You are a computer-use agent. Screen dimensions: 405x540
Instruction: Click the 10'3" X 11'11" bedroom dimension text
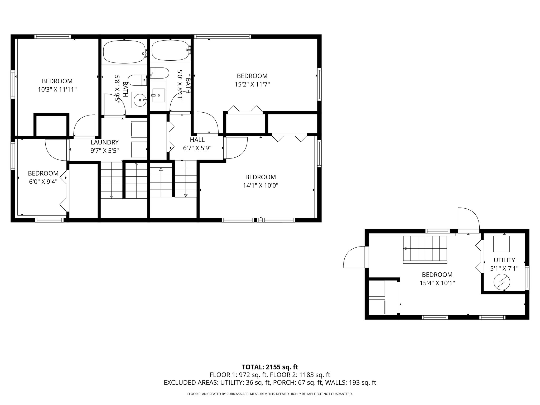pyautogui.click(x=57, y=90)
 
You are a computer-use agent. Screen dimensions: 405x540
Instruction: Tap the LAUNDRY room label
pyautogui.click(x=105, y=142)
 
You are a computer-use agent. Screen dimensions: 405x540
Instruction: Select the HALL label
pyautogui.click(x=197, y=140)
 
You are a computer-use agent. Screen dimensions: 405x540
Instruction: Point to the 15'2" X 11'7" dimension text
pyautogui.click(x=252, y=84)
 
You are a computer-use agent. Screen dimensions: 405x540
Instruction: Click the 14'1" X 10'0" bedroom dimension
pyautogui.click(x=261, y=186)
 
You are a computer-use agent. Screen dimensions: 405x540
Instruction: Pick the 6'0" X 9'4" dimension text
pyautogui.click(x=43, y=182)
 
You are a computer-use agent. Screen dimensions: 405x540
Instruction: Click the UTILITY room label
pyautogui.click(x=504, y=260)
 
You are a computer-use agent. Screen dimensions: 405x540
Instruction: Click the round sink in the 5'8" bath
pyautogui.click(x=139, y=100)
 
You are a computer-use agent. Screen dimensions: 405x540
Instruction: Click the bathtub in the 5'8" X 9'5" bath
pyautogui.click(x=124, y=51)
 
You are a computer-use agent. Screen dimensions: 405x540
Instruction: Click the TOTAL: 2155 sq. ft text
pyautogui.click(x=270, y=367)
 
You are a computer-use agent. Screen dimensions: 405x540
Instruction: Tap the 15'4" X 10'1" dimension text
pyautogui.click(x=437, y=283)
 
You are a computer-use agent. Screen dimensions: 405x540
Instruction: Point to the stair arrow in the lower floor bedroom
pyautogui.click(x=405, y=248)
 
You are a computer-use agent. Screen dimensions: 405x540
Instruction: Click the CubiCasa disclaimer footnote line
pyautogui.click(x=270, y=394)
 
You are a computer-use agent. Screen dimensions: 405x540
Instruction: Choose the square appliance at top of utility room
pyautogui.click(x=502, y=244)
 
